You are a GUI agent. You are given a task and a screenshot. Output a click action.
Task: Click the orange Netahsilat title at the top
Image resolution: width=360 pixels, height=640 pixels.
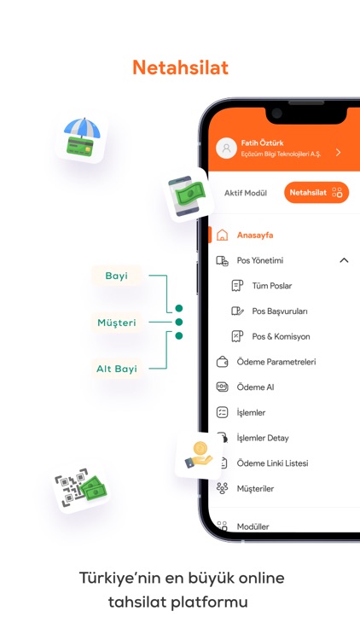[x=180, y=67]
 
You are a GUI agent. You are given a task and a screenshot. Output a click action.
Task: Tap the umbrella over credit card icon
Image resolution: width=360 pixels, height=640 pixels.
[x=82, y=137]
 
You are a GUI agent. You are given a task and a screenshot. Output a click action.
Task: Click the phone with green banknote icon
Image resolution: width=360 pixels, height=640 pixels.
[x=188, y=195]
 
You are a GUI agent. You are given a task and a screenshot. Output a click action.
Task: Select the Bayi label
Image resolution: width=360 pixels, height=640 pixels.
[x=116, y=276]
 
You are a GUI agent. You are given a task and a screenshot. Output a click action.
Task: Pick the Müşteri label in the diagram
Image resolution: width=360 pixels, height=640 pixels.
[x=117, y=323]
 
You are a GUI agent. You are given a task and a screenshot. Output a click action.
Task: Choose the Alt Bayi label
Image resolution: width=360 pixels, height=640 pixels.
[x=117, y=369]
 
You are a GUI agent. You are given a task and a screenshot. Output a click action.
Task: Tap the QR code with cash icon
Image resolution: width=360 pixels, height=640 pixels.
[x=80, y=488]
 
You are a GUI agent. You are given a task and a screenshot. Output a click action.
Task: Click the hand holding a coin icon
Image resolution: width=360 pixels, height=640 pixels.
[x=198, y=455]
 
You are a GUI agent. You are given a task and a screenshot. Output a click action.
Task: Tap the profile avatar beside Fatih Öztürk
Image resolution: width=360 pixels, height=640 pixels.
[x=227, y=148]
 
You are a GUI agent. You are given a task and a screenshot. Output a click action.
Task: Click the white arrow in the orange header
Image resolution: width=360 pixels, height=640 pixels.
[x=338, y=152]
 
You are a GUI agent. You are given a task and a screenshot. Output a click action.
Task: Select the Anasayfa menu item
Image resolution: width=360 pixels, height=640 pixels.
[x=255, y=236]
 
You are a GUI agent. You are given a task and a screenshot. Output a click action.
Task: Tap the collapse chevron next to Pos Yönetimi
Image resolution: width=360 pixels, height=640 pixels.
[x=344, y=260]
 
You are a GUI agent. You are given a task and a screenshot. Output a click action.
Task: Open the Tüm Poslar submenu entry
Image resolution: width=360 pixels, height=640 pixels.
[x=272, y=286]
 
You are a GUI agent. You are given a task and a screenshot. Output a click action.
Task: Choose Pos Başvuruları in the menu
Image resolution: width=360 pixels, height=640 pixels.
[x=280, y=311]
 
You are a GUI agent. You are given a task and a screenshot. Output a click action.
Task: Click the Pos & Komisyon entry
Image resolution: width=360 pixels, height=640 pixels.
[x=281, y=336]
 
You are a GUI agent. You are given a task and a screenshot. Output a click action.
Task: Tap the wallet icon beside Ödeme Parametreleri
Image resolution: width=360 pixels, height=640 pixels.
[x=222, y=362]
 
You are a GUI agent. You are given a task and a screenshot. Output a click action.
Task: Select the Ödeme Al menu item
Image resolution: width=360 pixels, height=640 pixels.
[x=256, y=387]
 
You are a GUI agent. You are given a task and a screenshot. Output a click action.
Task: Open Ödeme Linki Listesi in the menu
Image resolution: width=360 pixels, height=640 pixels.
[x=273, y=463]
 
